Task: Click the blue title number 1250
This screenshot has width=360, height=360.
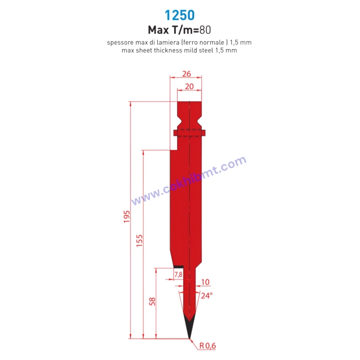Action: pyautogui.click(x=180, y=15)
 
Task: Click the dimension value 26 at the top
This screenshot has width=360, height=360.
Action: pyautogui.click(x=186, y=74)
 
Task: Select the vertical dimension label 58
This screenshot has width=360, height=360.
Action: pyautogui.click(x=152, y=301)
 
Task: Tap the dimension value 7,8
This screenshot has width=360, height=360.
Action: pyautogui.click(x=178, y=275)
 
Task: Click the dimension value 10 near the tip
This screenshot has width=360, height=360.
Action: pyautogui.click(x=204, y=282)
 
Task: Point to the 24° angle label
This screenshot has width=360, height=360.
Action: pyautogui.click(x=207, y=295)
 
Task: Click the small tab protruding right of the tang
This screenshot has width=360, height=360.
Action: pyautogui.click(x=204, y=132)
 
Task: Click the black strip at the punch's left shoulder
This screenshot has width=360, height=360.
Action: pyautogui.click(x=179, y=267)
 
